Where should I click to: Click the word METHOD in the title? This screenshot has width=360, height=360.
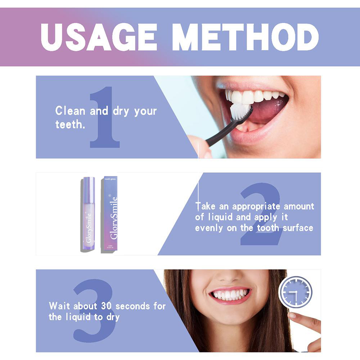(245, 37)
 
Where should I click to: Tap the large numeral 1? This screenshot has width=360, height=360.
(104, 119)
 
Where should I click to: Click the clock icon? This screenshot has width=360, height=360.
(296, 292)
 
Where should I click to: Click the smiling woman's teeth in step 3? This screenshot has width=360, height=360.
(230, 294)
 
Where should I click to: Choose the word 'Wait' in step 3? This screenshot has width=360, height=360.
(60, 306)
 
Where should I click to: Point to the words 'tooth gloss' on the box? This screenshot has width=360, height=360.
(110, 179)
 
